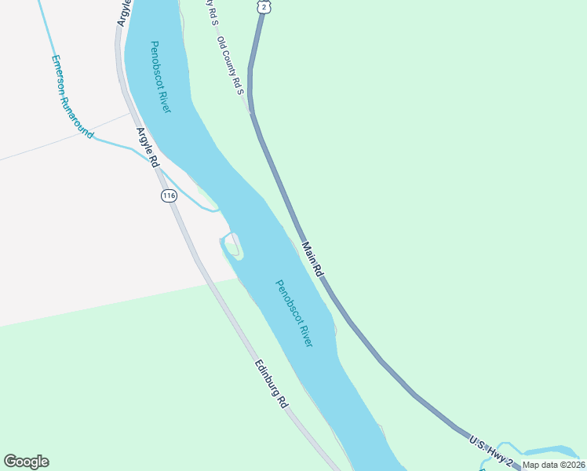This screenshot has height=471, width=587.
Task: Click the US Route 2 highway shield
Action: [x=264, y=6]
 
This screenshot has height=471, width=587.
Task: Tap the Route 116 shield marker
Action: [x=169, y=195]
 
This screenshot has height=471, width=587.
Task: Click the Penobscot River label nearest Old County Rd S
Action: [x=160, y=77]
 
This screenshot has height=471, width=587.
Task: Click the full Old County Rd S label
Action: [x=232, y=66]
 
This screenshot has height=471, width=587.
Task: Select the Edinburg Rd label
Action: [x=271, y=384]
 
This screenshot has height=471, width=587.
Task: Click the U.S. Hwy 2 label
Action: [x=491, y=451]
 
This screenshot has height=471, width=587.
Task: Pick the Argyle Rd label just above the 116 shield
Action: [x=148, y=148]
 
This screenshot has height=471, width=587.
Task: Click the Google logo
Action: [x=26, y=462]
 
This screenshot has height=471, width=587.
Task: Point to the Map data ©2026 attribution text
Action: [x=552, y=465]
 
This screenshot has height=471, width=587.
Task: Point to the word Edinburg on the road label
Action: [x=267, y=378]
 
